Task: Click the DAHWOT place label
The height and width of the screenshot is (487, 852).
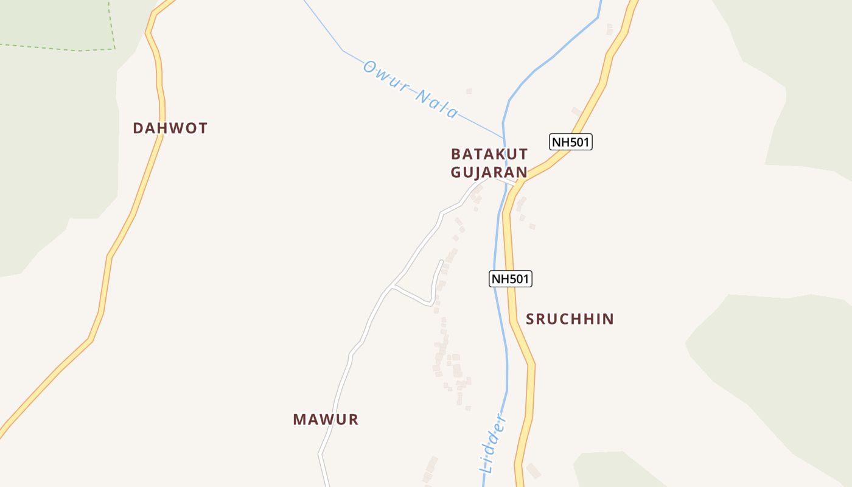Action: point(170,128)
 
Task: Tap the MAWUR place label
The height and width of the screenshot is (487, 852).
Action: point(326,419)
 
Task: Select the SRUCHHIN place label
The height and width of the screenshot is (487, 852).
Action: point(570,319)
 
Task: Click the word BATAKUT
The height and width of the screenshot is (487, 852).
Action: point(489,153)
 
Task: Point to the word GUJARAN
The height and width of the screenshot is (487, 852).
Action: point(489,172)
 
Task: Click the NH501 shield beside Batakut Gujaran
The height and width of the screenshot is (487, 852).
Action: point(571,142)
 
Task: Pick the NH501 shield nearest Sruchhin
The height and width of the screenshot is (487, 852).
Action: point(511,279)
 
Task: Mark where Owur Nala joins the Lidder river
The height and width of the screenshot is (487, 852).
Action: point(504,138)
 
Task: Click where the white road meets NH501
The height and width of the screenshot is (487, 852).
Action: point(521,182)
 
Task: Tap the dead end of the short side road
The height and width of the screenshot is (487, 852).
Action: point(441,262)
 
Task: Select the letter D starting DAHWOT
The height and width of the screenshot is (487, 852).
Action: point(138,128)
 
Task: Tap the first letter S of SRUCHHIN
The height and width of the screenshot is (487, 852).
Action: point(530,319)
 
